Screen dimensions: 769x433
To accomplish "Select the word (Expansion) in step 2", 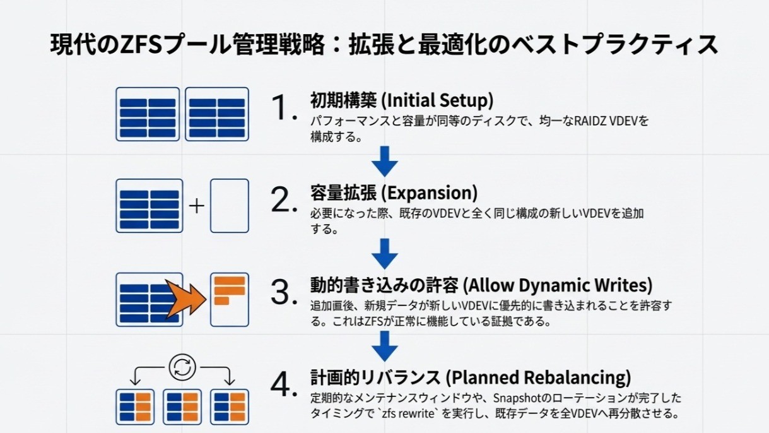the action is (430, 193).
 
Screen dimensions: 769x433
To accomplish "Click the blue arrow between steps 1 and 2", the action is (385, 162).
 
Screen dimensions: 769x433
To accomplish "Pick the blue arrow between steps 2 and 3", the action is (385, 254).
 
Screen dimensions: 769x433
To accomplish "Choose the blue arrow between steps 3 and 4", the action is (385, 346).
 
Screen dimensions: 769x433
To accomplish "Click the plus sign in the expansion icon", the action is (197, 206).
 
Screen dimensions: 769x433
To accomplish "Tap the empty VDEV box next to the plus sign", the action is (230, 206).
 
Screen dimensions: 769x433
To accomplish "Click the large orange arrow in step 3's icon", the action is (185, 299).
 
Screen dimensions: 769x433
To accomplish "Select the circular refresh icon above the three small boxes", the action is (182, 367).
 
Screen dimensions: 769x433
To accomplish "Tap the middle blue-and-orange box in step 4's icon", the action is (182, 407).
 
